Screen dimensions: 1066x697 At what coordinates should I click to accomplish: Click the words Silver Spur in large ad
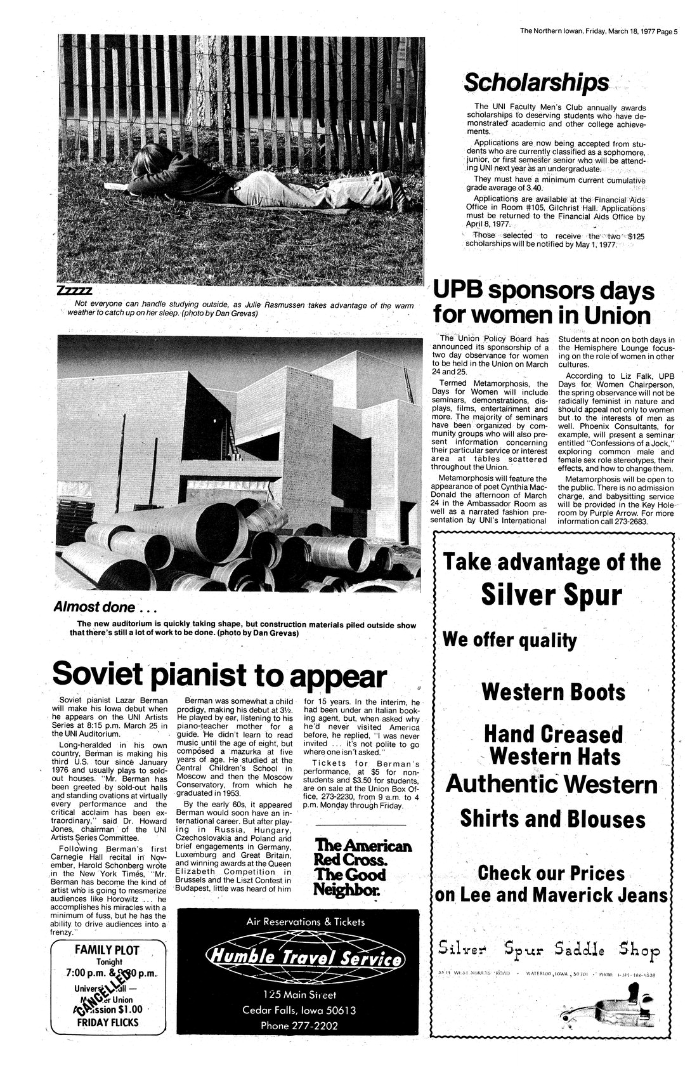click(x=550, y=594)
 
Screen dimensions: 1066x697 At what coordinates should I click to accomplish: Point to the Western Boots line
click(x=553, y=691)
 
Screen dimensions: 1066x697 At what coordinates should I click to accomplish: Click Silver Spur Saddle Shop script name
click(x=549, y=950)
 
